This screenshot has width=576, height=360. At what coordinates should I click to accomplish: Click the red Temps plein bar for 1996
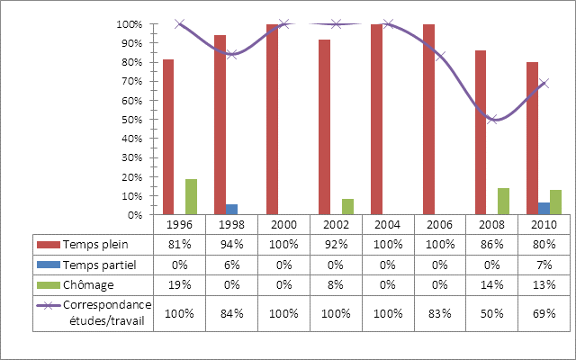(168, 137)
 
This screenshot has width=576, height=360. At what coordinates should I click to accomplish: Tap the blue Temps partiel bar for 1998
(231, 210)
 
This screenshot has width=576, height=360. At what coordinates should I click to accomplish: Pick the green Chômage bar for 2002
(347, 207)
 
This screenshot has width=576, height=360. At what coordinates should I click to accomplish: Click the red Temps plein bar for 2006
(428, 120)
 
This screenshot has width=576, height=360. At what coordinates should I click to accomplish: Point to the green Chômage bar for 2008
(503, 202)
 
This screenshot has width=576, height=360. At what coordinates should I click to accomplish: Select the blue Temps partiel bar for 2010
(544, 209)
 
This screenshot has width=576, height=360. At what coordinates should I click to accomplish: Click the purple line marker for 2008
(491, 119)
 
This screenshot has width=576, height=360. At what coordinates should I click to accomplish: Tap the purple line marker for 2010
(544, 83)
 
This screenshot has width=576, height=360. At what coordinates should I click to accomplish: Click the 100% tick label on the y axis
(130, 24)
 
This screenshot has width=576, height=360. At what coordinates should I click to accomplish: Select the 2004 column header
(388, 224)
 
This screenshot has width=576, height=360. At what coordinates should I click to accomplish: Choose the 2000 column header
(283, 224)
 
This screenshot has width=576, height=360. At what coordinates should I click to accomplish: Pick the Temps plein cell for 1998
(231, 244)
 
